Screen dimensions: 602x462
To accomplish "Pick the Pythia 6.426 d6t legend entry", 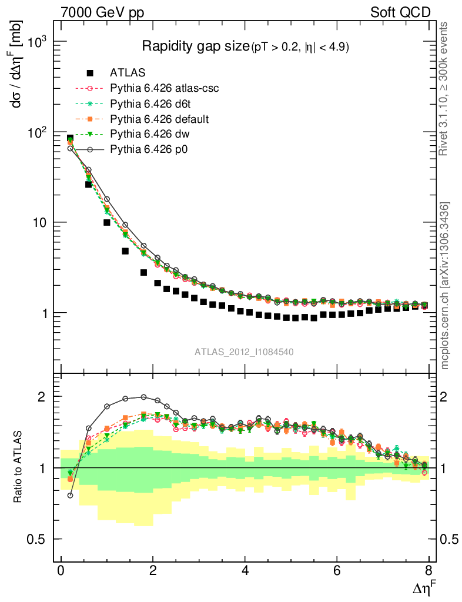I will coord(148,104).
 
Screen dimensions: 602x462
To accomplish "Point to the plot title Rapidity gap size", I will coord(196,46).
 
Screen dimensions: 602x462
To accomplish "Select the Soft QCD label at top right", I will coord(400,12).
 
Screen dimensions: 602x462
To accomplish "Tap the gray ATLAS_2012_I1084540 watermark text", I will coord(245,352).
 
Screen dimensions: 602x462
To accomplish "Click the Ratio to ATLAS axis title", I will coord(19,467).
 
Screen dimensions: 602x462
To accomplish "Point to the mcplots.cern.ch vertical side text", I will coord(446,286).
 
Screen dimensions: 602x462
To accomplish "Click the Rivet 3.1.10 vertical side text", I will coord(446,89).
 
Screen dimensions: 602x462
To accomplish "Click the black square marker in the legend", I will coord(90,73).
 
